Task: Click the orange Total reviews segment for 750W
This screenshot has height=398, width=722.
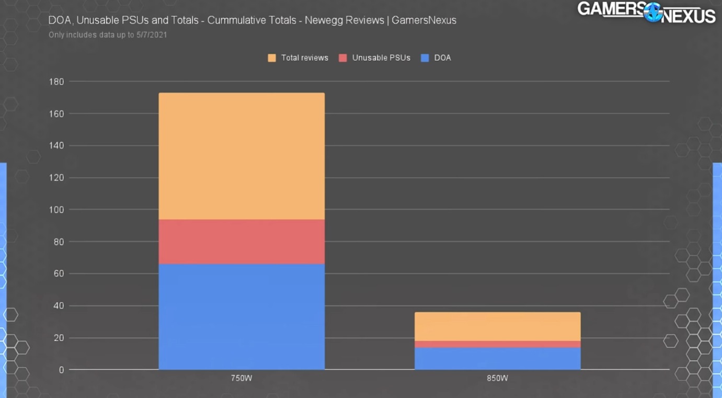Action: (242, 156)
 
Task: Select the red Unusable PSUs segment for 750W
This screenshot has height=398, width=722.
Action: (242, 242)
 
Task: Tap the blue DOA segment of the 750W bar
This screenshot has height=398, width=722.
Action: (242, 316)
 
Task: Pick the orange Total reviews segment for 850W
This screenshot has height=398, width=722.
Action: (497, 326)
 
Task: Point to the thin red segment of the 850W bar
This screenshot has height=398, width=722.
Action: (497, 344)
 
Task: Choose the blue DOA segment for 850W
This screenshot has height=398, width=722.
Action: (497, 358)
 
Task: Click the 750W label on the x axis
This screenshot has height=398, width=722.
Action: (242, 378)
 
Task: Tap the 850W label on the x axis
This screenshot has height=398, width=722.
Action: (497, 378)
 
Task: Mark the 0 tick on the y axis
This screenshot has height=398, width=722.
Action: (61, 370)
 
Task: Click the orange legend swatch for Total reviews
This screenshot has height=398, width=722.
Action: (272, 58)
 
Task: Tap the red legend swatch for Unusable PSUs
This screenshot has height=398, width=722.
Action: (343, 58)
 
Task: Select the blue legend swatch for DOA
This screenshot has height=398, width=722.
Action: (425, 58)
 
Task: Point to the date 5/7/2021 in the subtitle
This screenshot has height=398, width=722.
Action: (151, 35)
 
